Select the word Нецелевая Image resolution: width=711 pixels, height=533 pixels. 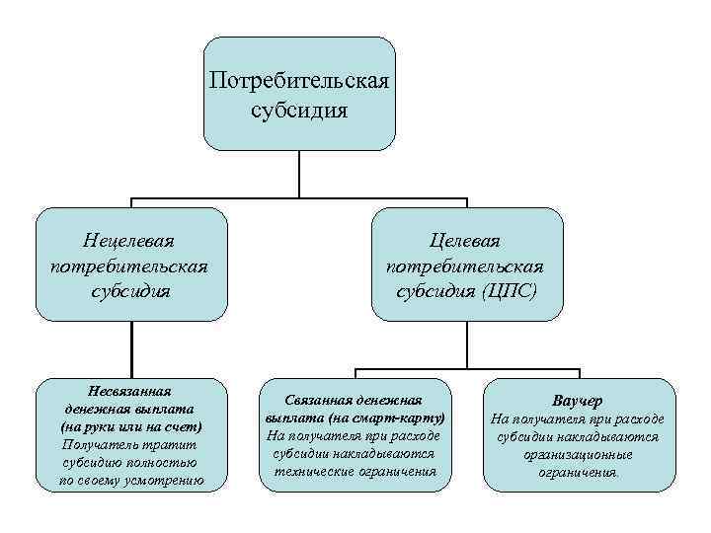pos(130,240)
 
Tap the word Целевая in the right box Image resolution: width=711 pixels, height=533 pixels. pos(464,241)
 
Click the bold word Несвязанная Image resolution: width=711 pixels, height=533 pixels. pos(130,390)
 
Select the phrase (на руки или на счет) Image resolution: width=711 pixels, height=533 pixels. pos(130,426)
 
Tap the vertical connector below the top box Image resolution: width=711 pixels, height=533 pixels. pos(299,175)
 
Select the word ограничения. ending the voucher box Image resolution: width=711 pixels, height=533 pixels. pos(579,472)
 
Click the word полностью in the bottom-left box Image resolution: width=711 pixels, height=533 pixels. pos(164,462)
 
